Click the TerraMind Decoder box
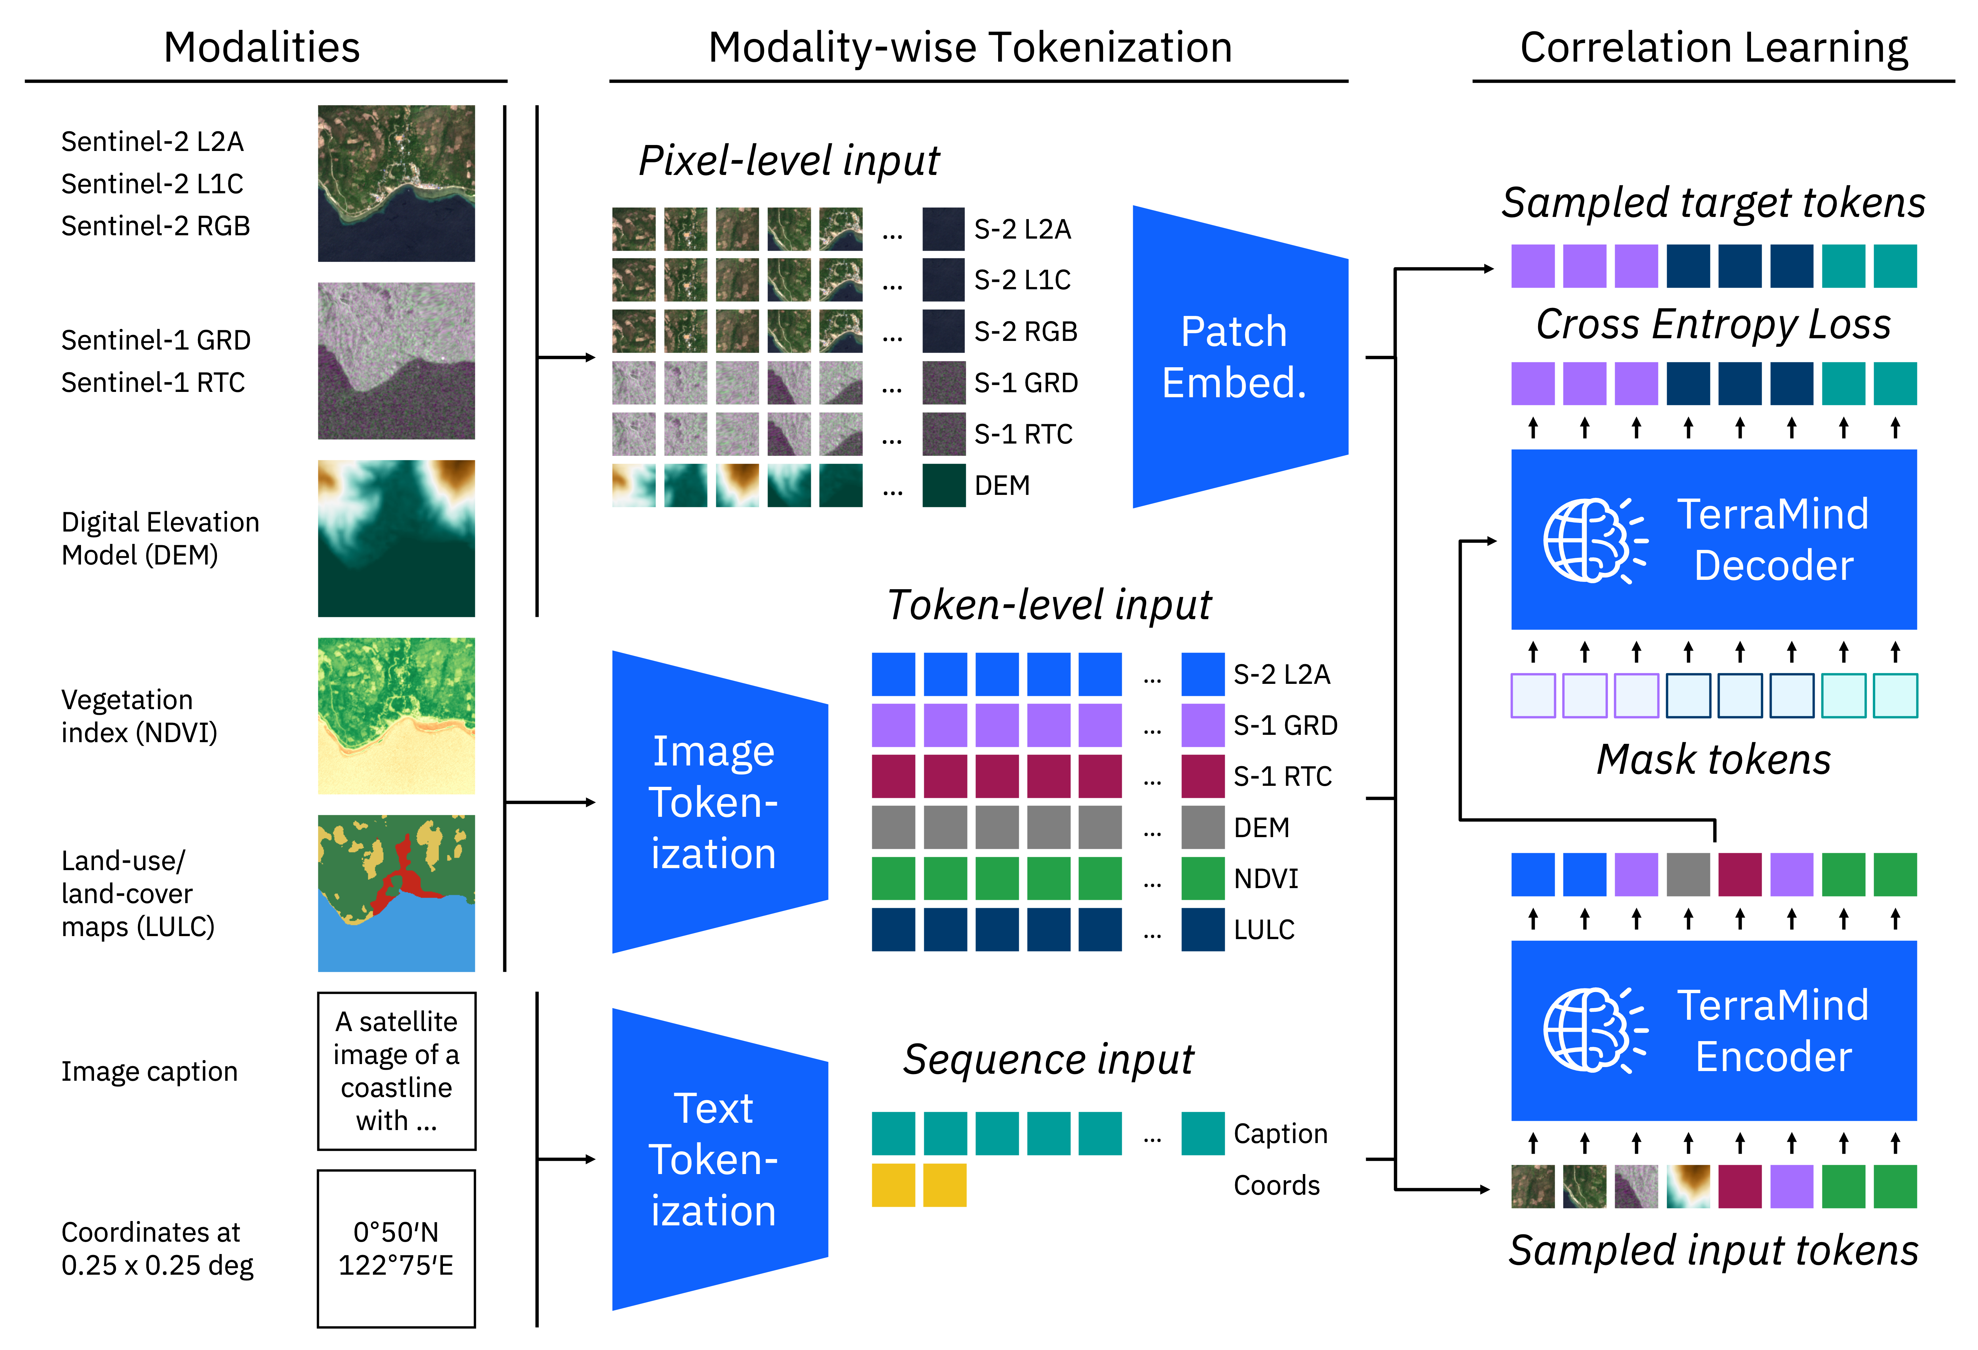tap(1713, 540)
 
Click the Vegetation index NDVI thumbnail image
tap(396, 716)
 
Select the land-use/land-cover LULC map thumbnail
tap(396, 893)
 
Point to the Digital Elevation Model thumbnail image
tap(396, 538)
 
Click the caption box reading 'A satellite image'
tap(396, 1071)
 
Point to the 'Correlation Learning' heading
tap(1713, 48)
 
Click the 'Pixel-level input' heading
tap(789, 160)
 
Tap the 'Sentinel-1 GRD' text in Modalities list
tap(156, 341)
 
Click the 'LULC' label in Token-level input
tap(1264, 929)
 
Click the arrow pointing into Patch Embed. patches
tap(566, 358)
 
